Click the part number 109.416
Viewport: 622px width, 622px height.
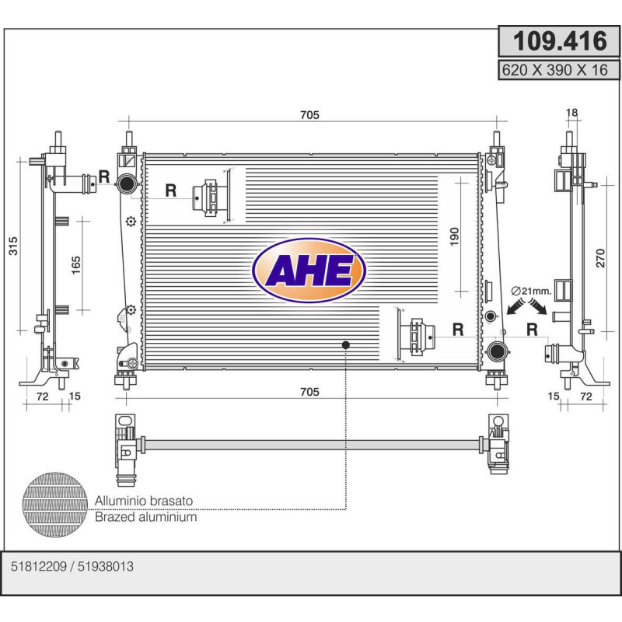tap(560, 41)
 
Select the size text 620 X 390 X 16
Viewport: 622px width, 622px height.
tap(554, 70)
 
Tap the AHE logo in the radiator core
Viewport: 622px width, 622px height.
tap(309, 271)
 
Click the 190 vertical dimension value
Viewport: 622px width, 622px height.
tap(455, 237)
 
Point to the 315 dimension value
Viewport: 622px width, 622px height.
tap(13, 246)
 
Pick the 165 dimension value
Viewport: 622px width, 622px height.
tap(75, 265)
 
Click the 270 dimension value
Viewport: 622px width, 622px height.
tap(600, 258)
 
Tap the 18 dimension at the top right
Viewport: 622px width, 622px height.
tap(571, 113)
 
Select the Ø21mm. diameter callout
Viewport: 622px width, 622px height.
tap(531, 291)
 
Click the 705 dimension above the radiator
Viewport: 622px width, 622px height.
tap(309, 114)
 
